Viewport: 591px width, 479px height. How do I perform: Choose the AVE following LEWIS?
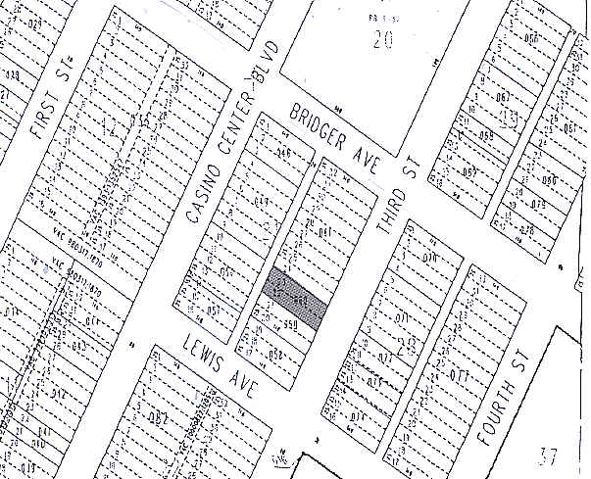coord(245,384)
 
